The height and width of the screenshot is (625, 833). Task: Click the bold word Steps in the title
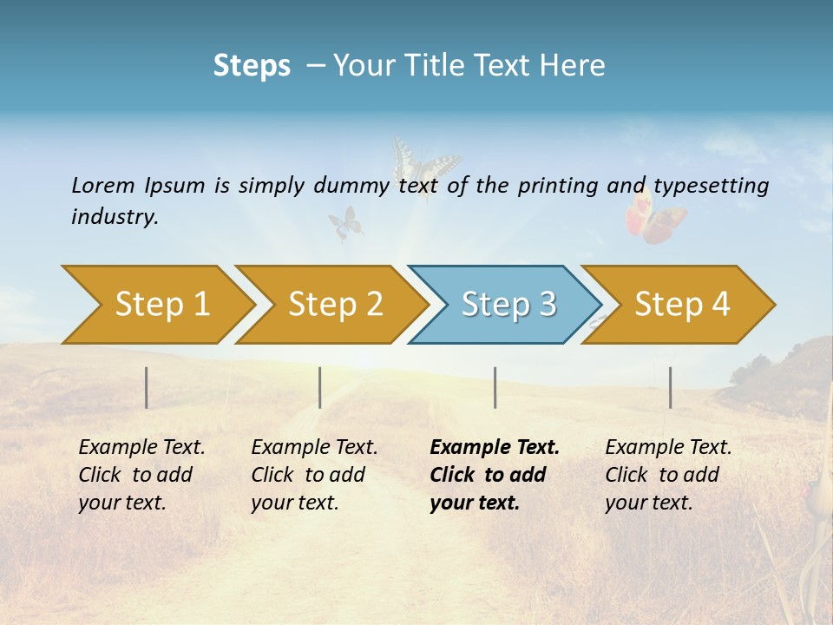click(252, 65)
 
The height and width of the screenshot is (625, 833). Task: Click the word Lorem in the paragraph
click(102, 186)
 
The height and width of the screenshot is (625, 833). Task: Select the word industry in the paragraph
click(114, 217)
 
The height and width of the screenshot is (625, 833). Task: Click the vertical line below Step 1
click(147, 387)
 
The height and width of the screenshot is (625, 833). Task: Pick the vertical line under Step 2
click(320, 387)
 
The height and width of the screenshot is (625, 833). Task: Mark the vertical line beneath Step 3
click(495, 387)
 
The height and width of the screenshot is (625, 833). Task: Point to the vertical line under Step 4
click(671, 387)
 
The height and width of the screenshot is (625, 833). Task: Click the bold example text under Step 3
click(493, 475)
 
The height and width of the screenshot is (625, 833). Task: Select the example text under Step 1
click(141, 475)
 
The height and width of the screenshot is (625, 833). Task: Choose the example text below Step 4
click(667, 475)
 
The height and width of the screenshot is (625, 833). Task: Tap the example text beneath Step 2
click(313, 475)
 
